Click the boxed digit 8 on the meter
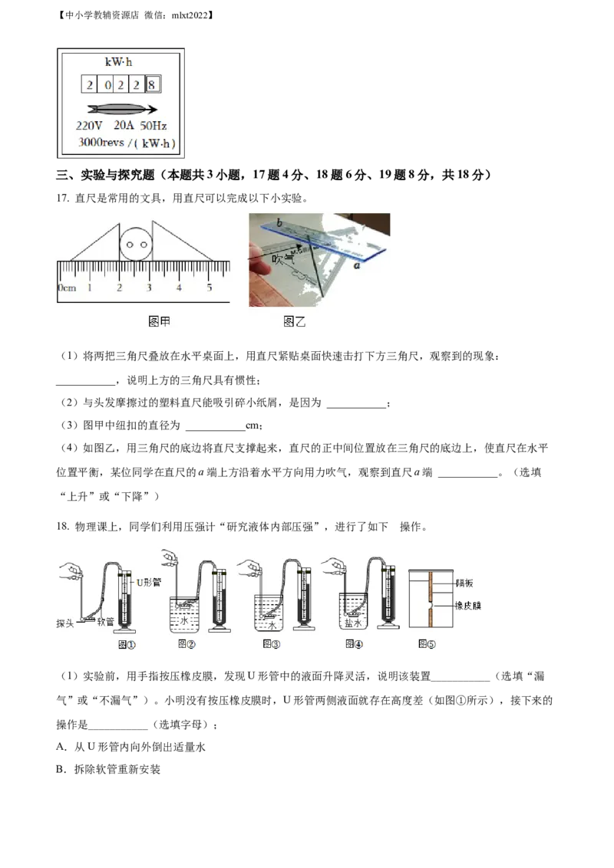(x=152, y=84)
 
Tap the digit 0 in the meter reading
(x=106, y=84)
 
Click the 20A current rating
(x=123, y=126)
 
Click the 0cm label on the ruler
(x=66, y=288)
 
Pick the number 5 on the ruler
(x=209, y=288)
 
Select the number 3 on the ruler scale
(x=149, y=288)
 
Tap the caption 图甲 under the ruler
(x=159, y=322)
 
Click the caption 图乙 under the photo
(x=295, y=322)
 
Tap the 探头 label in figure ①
(x=64, y=623)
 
